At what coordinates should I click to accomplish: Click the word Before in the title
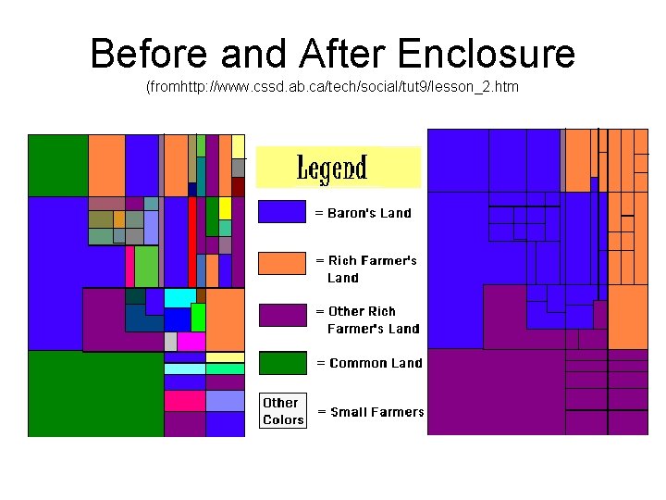point(143,55)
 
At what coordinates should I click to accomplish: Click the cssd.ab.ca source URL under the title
point(333,87)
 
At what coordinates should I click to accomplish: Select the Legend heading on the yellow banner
point(332,169)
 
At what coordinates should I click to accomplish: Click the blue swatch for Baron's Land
point(281,212)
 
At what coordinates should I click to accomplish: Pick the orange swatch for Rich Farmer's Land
point(281,263)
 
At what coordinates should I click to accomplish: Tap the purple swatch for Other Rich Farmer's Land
point(281,315)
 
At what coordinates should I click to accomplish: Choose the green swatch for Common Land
point(281,362)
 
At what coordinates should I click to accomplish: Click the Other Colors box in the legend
point(282,411)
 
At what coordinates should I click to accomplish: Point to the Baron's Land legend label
point(364,213)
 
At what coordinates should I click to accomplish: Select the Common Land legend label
point(370,363)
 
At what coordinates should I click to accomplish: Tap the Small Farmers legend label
point(371,412)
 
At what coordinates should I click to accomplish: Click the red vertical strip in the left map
point(192,241)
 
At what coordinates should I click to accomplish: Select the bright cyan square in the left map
point(179,298)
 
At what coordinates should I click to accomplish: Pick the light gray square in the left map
point(170,341)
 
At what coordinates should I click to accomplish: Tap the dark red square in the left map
point(238,186)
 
